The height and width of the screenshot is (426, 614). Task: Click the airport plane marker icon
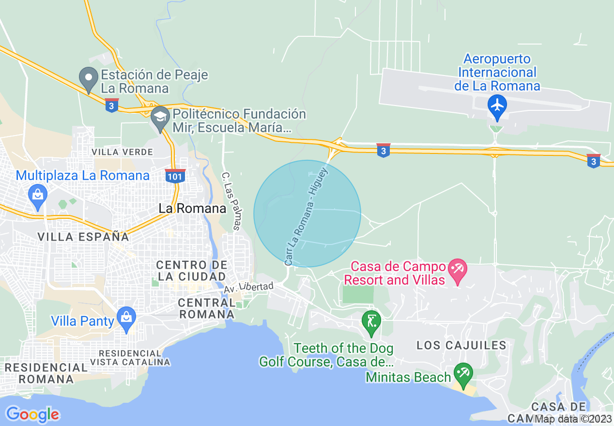(x=497, y=105)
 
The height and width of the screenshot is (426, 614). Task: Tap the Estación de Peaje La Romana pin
(x=88, y=78)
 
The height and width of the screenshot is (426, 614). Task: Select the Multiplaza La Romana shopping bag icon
(x=37, y=195)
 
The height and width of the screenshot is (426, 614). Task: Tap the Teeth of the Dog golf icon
(x=371, y=322)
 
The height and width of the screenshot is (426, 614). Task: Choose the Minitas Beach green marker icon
(x=463, y=374)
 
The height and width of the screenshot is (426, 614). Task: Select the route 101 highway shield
(x=174, y=176)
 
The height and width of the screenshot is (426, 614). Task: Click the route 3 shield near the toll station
(x=112, y=105)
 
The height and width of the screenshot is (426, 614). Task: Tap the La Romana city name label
(x=193, y=209)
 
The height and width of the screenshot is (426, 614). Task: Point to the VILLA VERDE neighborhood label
(x=123, y=152)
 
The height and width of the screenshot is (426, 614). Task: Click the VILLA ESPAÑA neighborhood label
(x=83, y=237)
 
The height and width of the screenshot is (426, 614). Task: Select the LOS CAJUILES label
(x=461, y=345)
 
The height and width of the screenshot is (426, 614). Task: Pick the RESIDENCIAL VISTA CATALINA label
(x=130, y=357)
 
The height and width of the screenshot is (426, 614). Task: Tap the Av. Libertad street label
(x=248, y=288)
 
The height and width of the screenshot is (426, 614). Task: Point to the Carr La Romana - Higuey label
(x=307, y=216)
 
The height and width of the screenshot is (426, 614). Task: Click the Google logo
(x=32, y=414)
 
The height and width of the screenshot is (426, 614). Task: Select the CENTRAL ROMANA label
(x=206, y=308)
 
